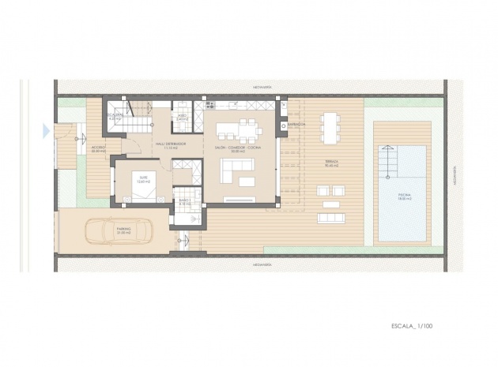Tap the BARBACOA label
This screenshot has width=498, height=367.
pos(296,124)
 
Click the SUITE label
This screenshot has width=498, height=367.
pos(142,178)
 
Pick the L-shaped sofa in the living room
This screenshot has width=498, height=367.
pos(235,167)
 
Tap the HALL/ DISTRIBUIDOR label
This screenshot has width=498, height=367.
pos(170,144)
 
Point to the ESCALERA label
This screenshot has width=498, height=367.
pos(116,116)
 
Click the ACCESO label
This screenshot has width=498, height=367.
pos(99,147)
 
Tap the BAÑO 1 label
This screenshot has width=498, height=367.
pos(183,201)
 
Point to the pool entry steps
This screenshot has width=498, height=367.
pos(390,163)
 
